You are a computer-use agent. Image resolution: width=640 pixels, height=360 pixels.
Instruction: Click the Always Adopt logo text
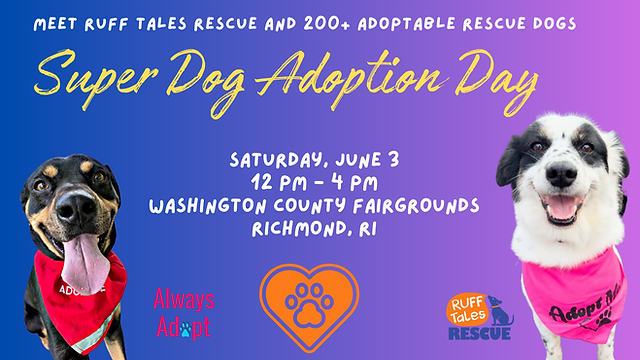click(183, 312)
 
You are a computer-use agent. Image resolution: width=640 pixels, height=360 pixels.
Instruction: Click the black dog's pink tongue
click(84, 262)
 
